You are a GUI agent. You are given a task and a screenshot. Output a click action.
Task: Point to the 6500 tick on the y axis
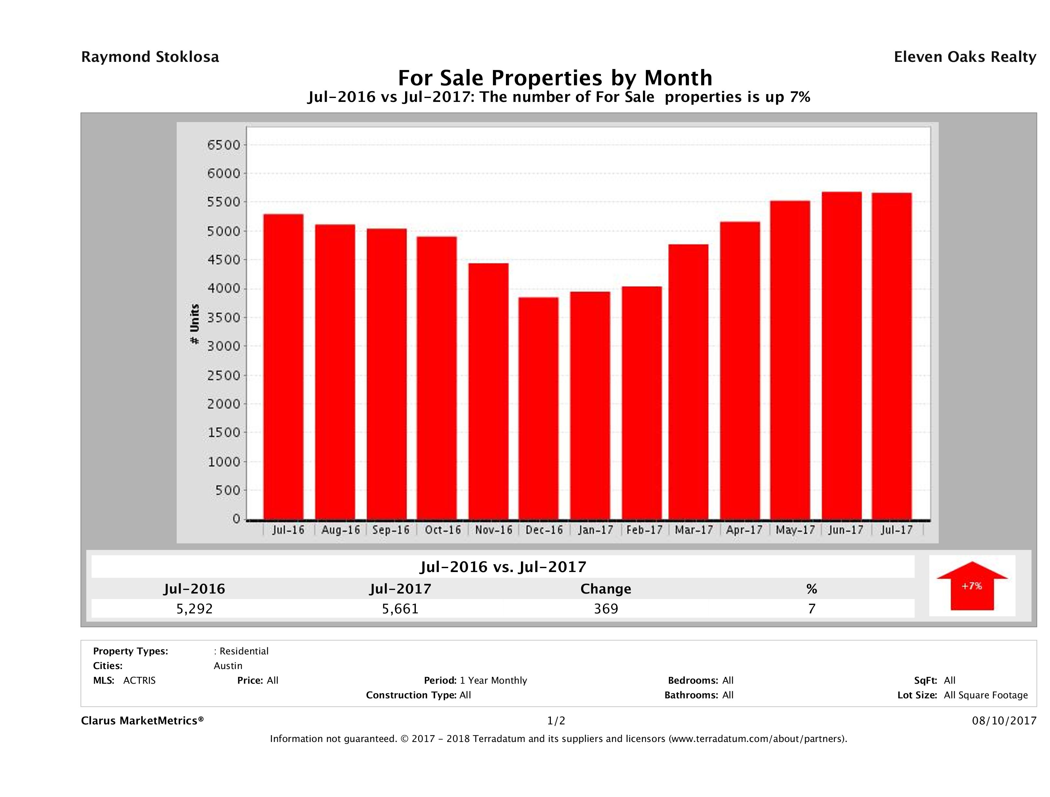pos(224,145)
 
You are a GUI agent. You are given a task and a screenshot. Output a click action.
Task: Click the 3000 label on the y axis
pos(224,346)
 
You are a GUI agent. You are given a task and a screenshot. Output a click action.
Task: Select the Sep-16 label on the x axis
pos(391,530)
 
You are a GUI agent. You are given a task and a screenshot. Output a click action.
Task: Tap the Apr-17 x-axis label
pos(744,530)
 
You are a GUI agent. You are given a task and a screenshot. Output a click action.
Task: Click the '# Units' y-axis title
pos(195,324)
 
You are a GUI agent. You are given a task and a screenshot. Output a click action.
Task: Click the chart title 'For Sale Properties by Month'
pos(555,77)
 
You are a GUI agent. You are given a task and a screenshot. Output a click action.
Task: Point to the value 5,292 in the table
pos(195,608)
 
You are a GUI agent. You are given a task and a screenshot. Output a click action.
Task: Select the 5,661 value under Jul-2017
pos(400,608)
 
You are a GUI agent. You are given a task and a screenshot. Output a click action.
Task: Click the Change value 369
pos(606,608)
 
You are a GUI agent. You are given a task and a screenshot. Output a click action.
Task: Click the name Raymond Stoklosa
pos(150,57)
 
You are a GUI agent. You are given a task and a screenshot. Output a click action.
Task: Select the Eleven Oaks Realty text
pos(964,57)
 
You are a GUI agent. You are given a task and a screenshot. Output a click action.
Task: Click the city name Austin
pos(228,665)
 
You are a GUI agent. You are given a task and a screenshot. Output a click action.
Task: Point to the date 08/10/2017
pos(1004,720)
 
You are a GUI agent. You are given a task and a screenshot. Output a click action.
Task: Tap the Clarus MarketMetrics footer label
pos(143,720)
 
